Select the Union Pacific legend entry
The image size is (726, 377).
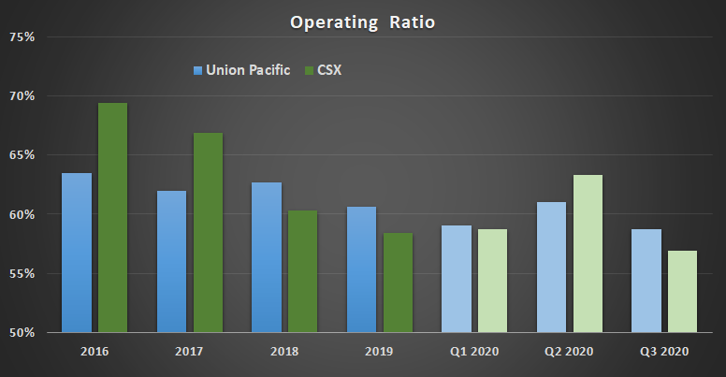[240, 69]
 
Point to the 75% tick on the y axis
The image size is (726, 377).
[22, 37]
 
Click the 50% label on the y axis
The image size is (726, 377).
[22, 332]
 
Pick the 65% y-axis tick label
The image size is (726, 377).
[22, 155]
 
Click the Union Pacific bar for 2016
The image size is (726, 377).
[77, 253]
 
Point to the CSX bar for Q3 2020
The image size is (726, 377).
[683, 291]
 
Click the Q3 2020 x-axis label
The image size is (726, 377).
[664, 352]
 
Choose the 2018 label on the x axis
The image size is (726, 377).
[284, 352]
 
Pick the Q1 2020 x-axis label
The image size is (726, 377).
[474, 352]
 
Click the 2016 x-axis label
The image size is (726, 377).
[94, 352]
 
